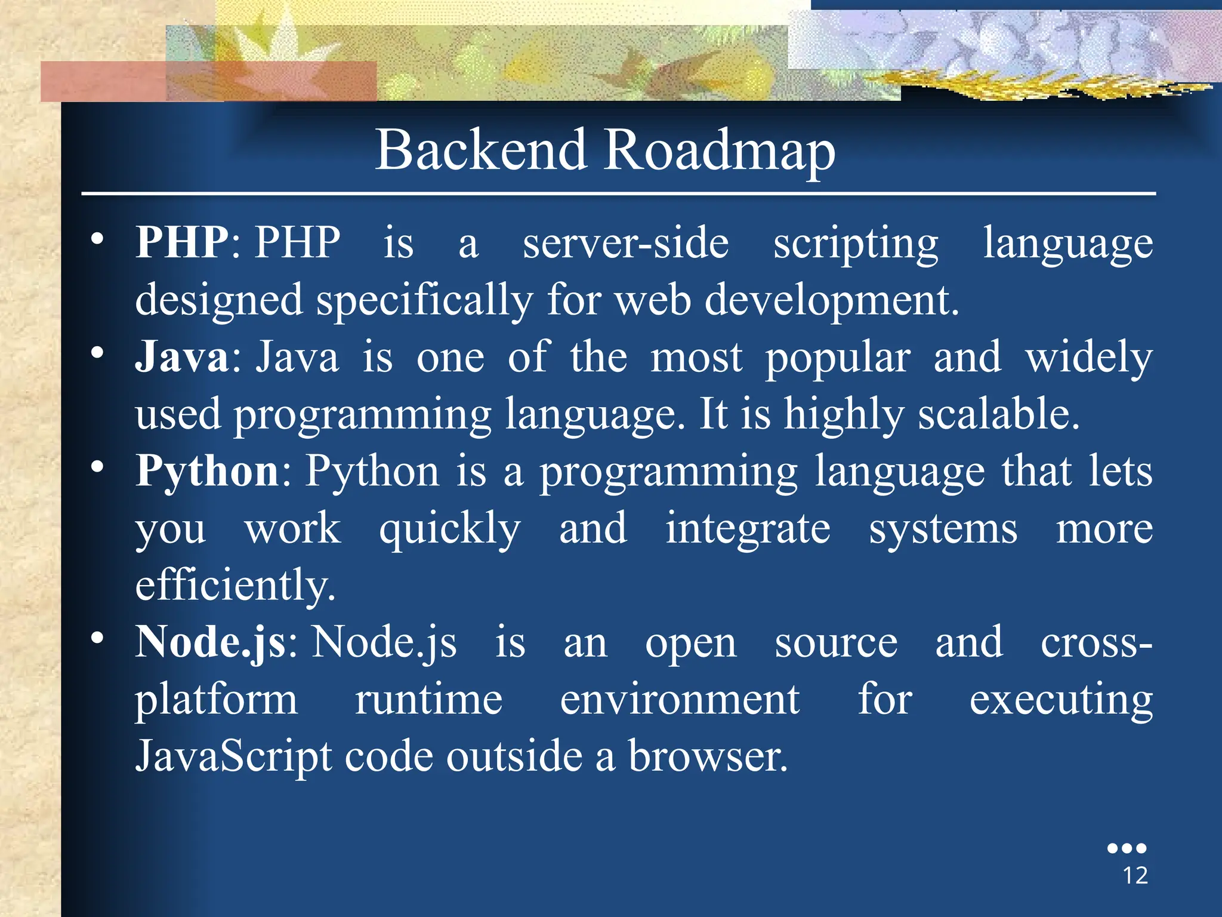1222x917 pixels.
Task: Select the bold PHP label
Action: (x=182, y=242)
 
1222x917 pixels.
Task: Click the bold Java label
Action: (x=182, y=356)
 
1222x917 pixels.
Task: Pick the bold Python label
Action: (x=207, y=472)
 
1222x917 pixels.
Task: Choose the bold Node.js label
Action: (x=210, y=643)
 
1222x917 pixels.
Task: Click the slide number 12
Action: (x=1135, y=876)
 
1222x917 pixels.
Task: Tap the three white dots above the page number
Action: (x=1127, y=848)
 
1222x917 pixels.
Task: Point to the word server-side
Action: (x=626, y=243)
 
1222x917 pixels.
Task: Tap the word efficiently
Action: (x=236, y=586)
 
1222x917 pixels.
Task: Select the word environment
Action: (x=680, y=700)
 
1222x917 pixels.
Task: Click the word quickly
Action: (x=450, y=530)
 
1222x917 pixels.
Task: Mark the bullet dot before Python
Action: (x=97, y=466)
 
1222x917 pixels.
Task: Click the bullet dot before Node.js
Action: (x=97, y=638)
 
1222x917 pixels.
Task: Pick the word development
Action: (x=832, y=300)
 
